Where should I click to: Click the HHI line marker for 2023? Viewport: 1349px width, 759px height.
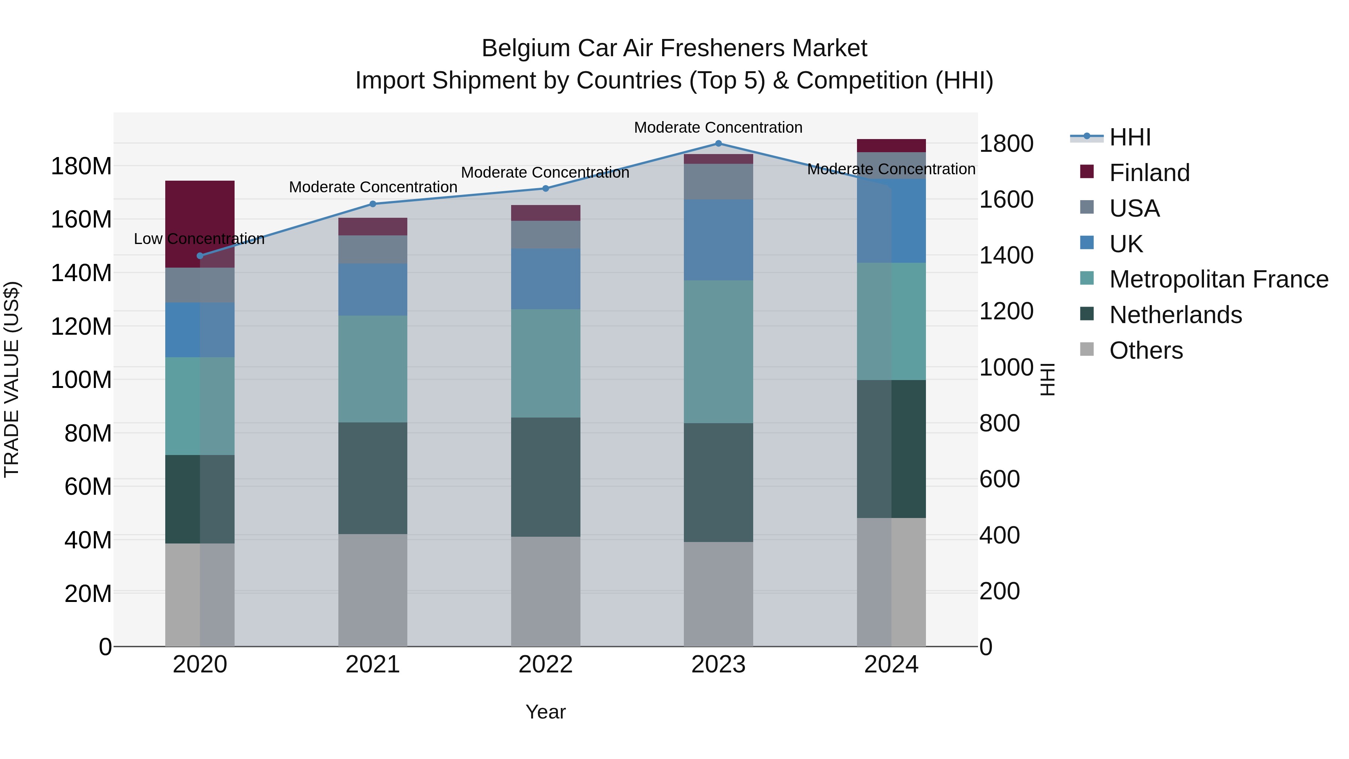click(x=718, y=143)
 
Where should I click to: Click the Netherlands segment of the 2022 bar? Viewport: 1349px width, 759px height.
click(x=545, y=477)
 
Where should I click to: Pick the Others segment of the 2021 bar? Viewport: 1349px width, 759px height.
click(x=372, y=590)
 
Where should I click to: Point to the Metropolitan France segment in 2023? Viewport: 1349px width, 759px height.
click(x=718, y=352)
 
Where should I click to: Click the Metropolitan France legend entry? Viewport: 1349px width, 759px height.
click(x=1218, y=279)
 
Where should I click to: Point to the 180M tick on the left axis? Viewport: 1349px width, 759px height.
click(x=81, y=166)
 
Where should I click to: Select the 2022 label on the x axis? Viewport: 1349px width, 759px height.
click(x=545, y=665)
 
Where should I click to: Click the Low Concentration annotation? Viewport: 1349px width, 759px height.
click(x=199, y=239)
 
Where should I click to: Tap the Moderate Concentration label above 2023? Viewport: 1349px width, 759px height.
click(x=718, y=127)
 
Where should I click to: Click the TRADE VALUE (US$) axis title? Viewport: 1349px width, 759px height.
click(x=12, y=379)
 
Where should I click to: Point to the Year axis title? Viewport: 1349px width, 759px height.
click(x=545, y=712)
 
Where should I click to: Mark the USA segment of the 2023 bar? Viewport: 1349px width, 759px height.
click(x=718, y=181)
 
